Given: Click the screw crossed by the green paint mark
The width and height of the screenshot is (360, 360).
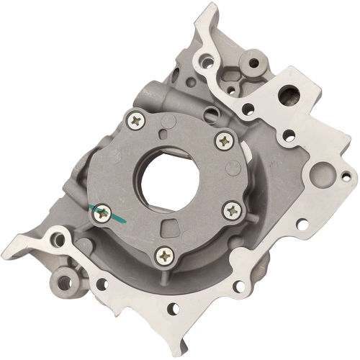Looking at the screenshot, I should click(x=102, y=212).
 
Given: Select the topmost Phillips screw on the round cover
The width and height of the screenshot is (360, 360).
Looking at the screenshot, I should click(x=135, y=121).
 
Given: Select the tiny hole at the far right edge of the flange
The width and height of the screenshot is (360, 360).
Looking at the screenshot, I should click(x=346, y=175).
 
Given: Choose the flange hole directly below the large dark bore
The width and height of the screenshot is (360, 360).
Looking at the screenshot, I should click(x=289, y=135).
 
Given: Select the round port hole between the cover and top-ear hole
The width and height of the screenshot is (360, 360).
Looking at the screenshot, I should click(x=210, y=114).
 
